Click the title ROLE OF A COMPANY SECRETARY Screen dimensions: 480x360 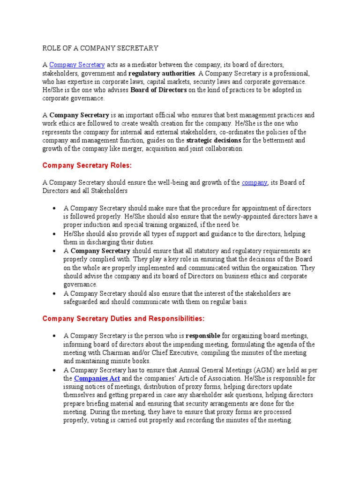[x=100, y=48]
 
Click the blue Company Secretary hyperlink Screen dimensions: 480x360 [x=77, y=65]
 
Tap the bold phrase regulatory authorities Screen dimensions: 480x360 [x=162, y=74]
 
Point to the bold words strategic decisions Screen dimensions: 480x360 [x=214, y=140]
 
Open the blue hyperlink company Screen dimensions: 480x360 [x=255, y=182]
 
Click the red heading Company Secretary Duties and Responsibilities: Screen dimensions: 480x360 [x=123, y=319]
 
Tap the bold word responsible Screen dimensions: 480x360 [x=203, y=336]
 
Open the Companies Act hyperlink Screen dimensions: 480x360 [x=97, y=378]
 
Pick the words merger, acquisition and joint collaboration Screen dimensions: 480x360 [x=187, y=149]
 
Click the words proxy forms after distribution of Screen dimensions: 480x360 [x=201, y=386]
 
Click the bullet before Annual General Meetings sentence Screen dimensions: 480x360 [x=55, y=370]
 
